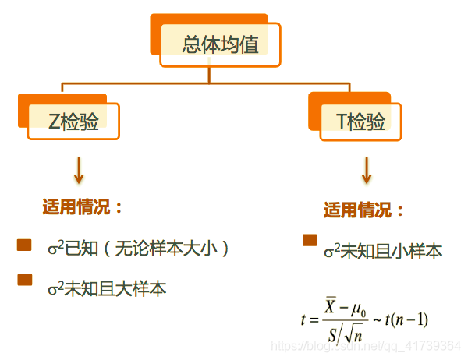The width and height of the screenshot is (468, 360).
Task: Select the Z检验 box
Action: pyautogui.click(x=73, y=121)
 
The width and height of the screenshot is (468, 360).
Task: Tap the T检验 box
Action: pyautogui.click(x=361, y=122)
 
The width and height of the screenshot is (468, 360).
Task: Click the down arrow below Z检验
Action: pyautogui.click(x=78, y=168)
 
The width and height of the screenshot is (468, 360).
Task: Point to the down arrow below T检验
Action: pyautogui.click(x=367, y=170)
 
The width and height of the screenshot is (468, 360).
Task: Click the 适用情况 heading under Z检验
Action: pyautogui.click(x=83, y=207)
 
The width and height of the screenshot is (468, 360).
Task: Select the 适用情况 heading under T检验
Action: pyautogui.click(x=364, y=210)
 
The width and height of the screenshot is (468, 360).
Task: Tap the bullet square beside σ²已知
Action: pyautogui.click(x=24, y=245)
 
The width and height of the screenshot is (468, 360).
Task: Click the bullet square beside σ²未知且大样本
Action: pyautogui.click(x=25, y=280)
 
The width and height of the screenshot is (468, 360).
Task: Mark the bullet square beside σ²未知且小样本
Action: pyautogui.click(x=310, y=240)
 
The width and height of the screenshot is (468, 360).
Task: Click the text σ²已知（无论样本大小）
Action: pyautogui.click(x=139, y=249)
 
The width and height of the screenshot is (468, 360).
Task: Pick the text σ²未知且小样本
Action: pyautogui.click(x=383, y=251)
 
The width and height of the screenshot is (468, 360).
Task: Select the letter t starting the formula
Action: pyautogui.click(x=303, y=320)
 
